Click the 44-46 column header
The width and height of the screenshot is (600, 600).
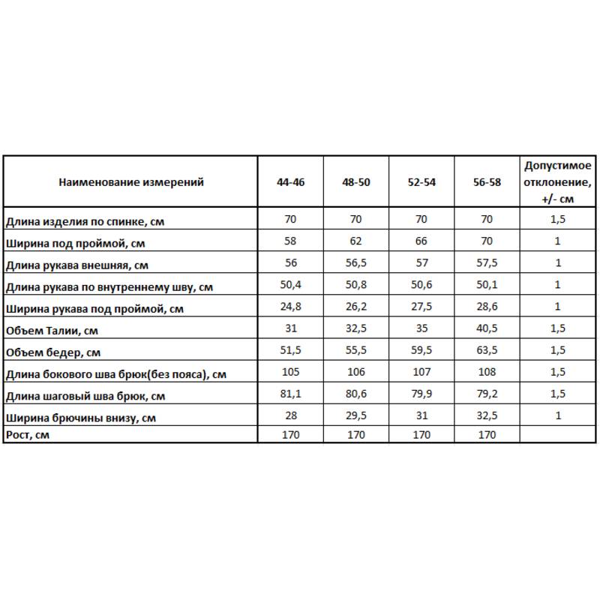(291, 182)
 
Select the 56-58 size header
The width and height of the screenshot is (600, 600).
(487, 182)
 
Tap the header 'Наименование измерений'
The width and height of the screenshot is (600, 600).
(131, 182)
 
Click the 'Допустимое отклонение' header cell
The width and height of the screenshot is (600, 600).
(557, 182)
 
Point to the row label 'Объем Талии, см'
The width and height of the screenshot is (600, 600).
(52, 331)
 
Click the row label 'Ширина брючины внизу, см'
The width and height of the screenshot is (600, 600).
(81, 418)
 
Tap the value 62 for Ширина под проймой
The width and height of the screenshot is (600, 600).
(355, 241)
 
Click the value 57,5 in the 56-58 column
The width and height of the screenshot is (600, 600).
(487, 263)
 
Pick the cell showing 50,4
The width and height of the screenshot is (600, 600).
(291, 285)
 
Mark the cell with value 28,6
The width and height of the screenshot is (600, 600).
(487, 307)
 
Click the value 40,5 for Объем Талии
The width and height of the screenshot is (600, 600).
(487, 328)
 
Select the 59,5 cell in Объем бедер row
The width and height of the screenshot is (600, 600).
(421, 350)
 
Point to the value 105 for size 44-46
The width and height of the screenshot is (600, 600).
(291, 372)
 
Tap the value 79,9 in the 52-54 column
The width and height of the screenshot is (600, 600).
(421, 394)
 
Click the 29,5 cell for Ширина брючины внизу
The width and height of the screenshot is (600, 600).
(355, 415)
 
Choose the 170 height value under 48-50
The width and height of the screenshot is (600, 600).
(355, 433)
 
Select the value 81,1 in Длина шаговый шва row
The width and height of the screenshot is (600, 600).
(291, 394)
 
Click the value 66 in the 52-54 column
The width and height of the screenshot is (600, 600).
(421, 241)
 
